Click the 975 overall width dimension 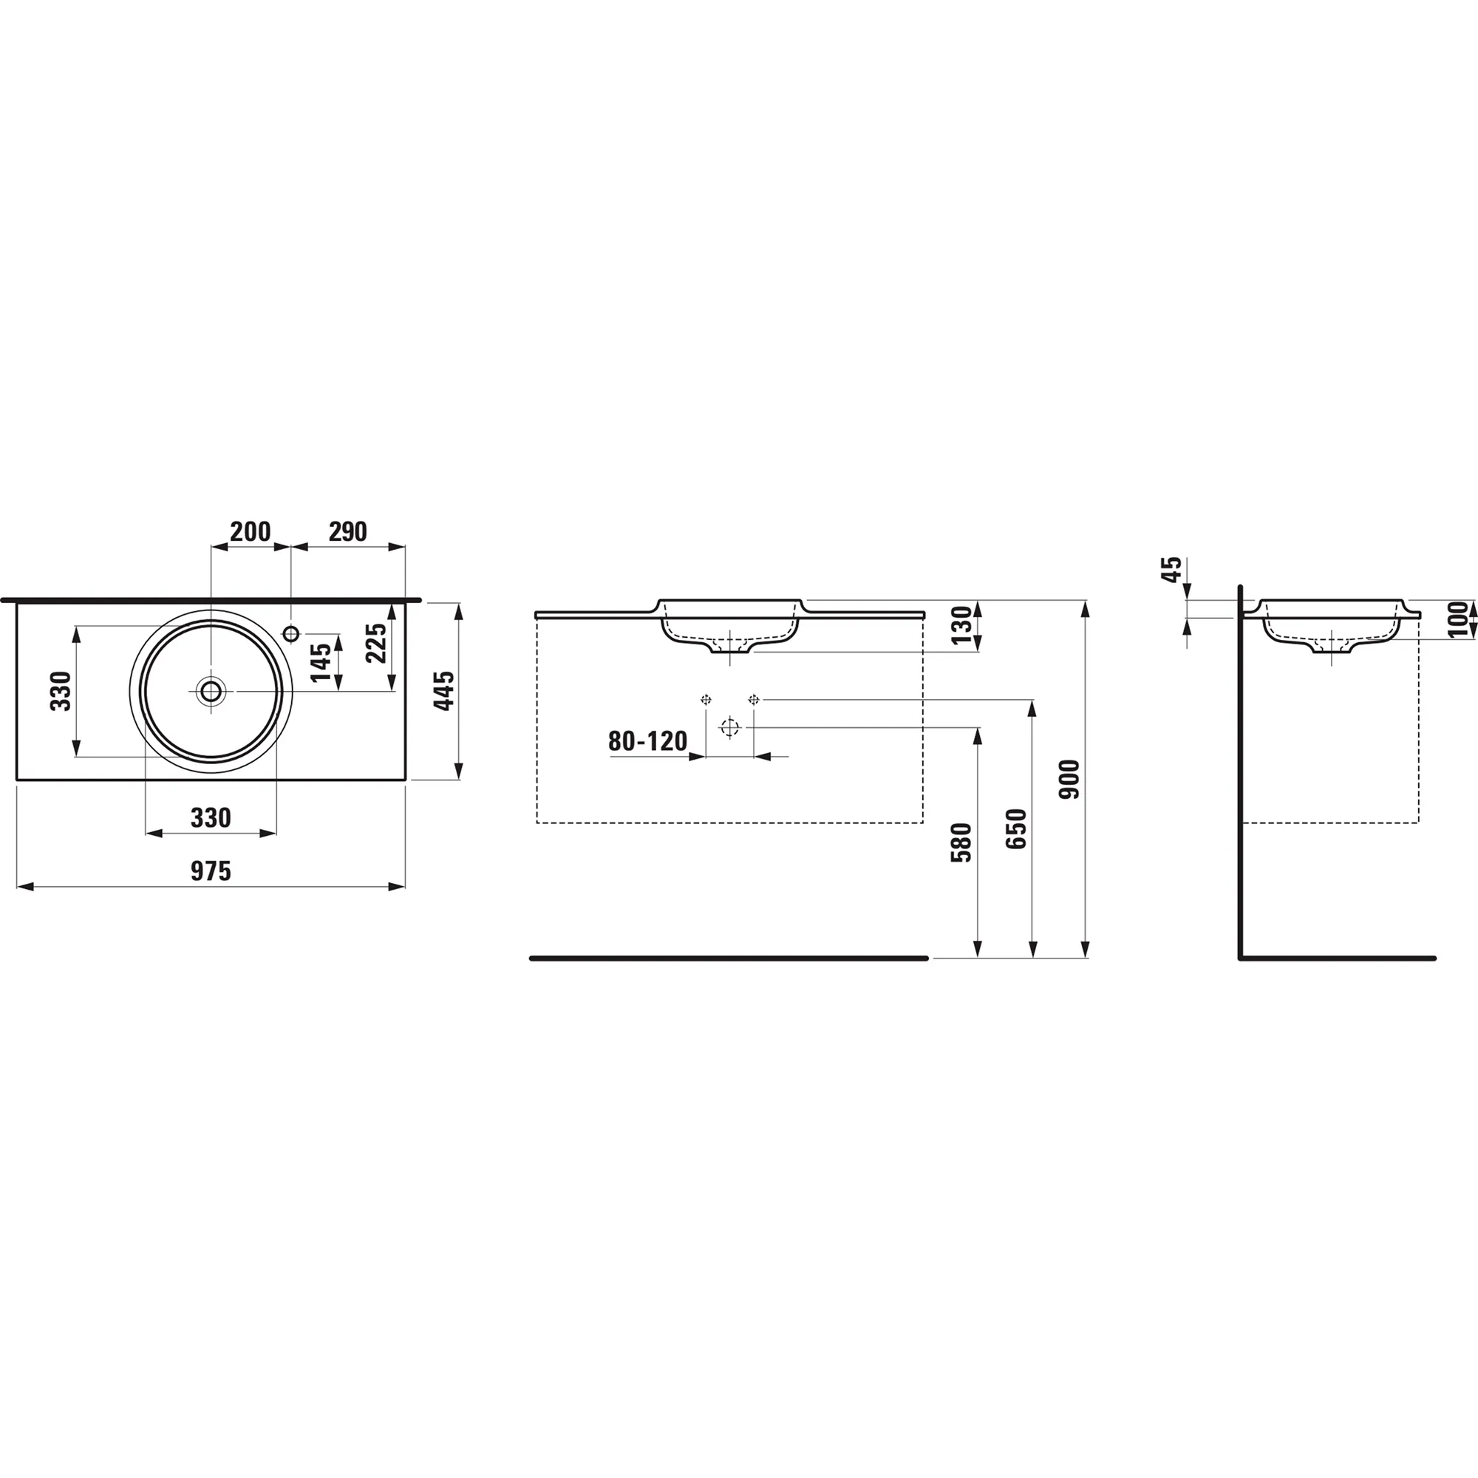point(211,871)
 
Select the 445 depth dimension point(444,691)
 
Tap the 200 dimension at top point(251,531)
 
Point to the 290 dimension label point(348,531)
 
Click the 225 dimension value point(376,644)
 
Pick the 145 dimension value point(321,662)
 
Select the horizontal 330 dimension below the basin point(211,818)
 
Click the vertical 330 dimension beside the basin point(61,691)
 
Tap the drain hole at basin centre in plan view point(211,691)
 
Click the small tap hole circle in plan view point(290,633)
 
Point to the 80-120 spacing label point(647,741)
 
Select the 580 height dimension point(961,843)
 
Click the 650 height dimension point(1016,829)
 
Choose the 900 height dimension point(1069,780)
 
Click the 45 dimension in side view point(1172,570)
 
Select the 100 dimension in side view point(1460,619)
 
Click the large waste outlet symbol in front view point(730,727)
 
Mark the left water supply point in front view point(706,699)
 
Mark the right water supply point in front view point(754,699)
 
